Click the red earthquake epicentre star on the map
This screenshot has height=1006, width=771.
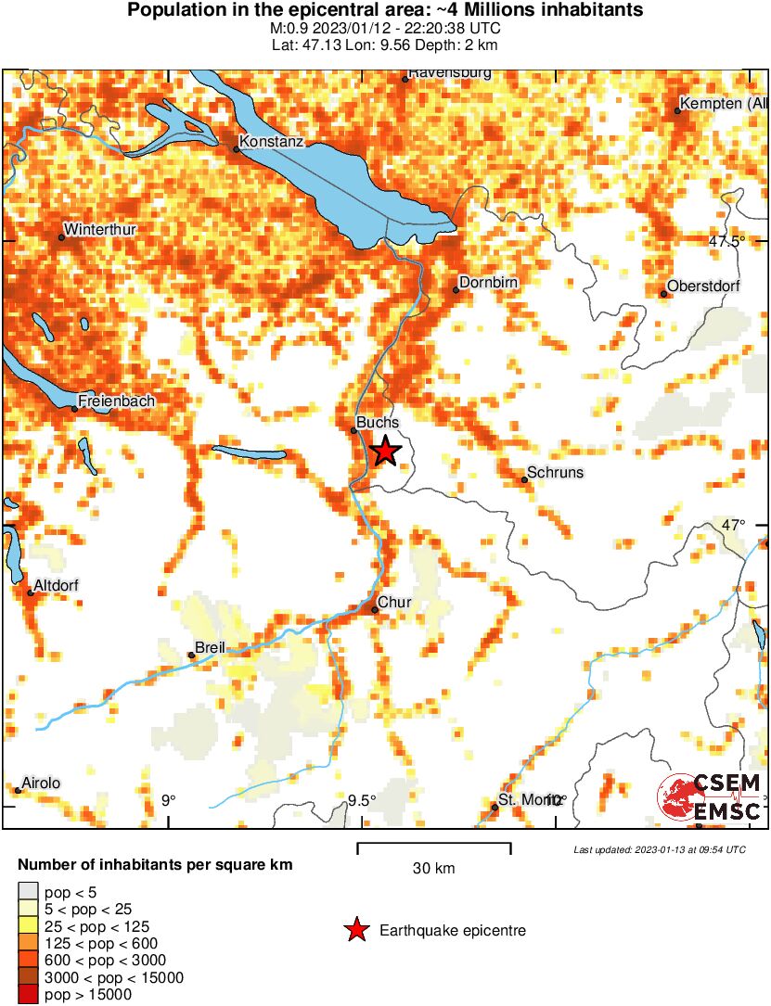(385, 452)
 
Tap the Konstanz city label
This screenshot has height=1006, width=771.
(270, 143)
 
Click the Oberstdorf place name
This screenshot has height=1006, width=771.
(703, 286)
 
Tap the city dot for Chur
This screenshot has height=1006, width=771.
(374, 609)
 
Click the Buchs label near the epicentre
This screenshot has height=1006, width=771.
(378, 423)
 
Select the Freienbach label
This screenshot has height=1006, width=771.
(116, 401)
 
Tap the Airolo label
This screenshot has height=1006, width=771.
(42, 783)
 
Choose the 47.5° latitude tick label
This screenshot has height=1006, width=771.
(726, 241)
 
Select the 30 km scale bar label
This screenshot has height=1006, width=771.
(433, 869)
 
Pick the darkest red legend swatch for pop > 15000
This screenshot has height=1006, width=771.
(29, 995)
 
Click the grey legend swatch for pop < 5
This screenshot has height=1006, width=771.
(29, 892)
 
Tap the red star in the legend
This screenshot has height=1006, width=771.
(355, 930)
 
